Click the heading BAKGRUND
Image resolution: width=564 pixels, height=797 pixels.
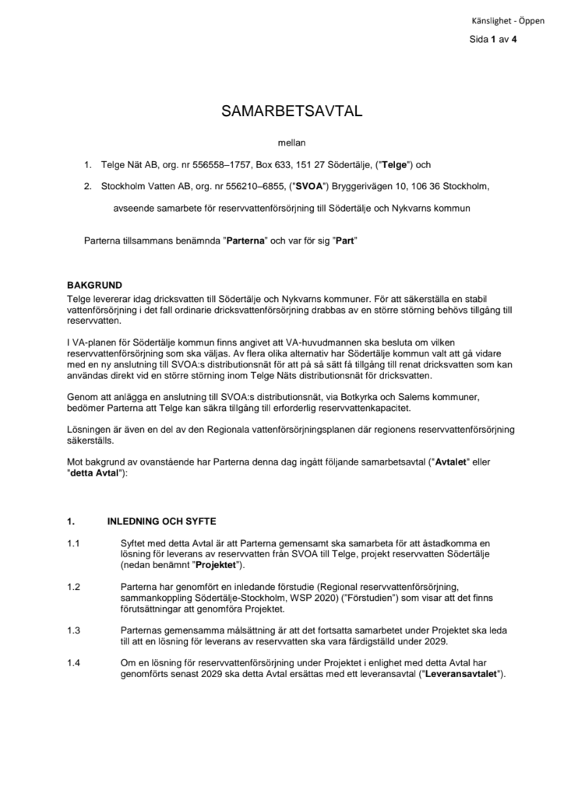[94, 285]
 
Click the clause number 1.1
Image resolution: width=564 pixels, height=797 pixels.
[74, 542]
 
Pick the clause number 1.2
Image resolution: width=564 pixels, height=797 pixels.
[74, 586]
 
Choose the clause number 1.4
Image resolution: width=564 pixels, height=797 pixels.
[74, 662]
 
